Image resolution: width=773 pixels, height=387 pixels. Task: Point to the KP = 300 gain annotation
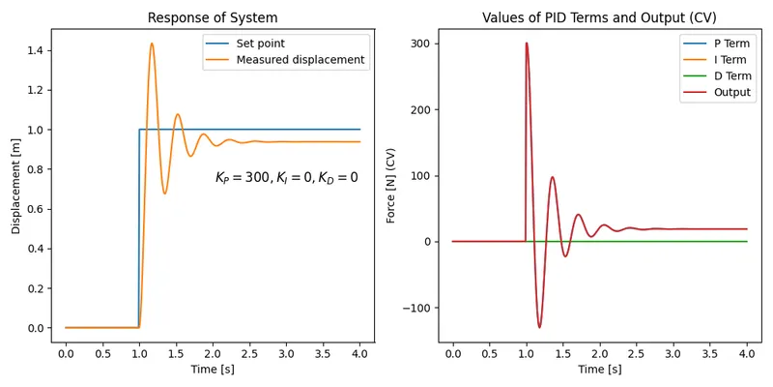pyautogui.click(x=286, y=178)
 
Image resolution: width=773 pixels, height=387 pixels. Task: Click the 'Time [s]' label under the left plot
pyautogui.click(x=213, y=370)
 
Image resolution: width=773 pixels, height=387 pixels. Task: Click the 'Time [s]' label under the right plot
pyautogui.click(x=599, y=370)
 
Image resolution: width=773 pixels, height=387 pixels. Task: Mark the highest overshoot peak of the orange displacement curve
pyautogui.click(x=152, y=44)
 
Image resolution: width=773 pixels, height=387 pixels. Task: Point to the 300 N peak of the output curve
pyautogui.click(x=527, y=44)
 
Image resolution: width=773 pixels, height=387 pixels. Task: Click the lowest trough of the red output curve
pyautogui.click(x=539, y=327)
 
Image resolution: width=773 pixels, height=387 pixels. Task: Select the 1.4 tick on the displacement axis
pyautogui.click(x=39, y=50)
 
